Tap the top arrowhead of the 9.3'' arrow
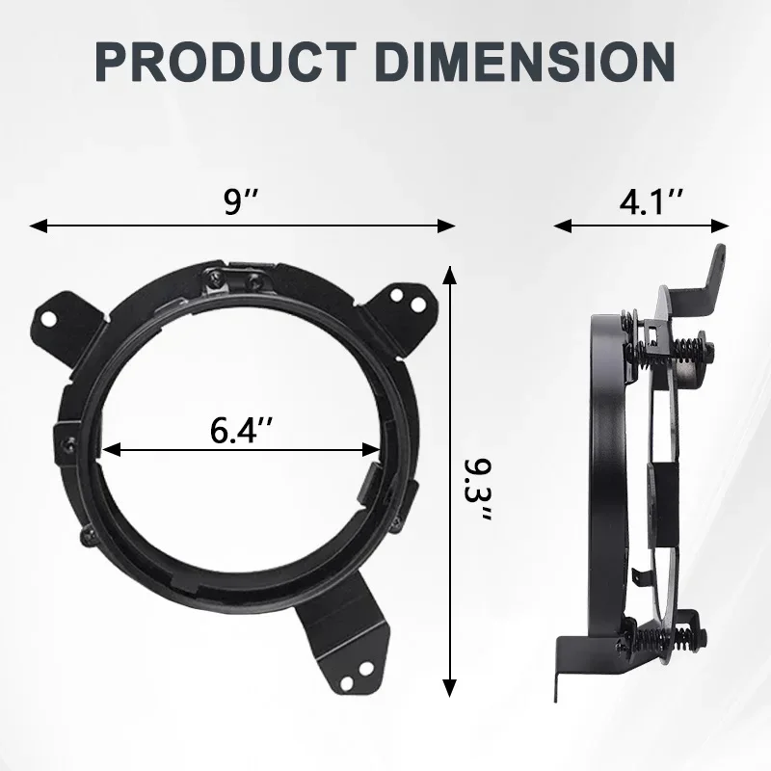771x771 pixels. coord(448,276)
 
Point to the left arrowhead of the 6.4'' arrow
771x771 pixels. coord(109,449)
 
